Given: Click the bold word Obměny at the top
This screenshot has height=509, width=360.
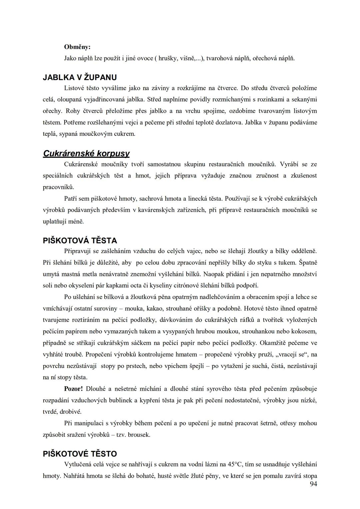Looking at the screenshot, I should [77, 47].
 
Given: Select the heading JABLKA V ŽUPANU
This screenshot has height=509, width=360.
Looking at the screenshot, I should [80, 77].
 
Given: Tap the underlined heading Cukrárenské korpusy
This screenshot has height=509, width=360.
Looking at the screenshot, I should [86, 153].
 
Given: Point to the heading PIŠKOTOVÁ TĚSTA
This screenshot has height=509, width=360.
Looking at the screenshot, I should [80, 240].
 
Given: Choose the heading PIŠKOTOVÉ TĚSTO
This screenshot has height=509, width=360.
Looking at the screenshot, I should [80, 454].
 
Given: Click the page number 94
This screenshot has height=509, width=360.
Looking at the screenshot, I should [313, 484].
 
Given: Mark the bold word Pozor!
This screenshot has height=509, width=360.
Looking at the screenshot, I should [73, 389].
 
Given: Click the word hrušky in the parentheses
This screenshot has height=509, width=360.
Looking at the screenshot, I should [168, 58].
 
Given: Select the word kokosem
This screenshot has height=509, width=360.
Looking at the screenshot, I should [304, 331].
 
